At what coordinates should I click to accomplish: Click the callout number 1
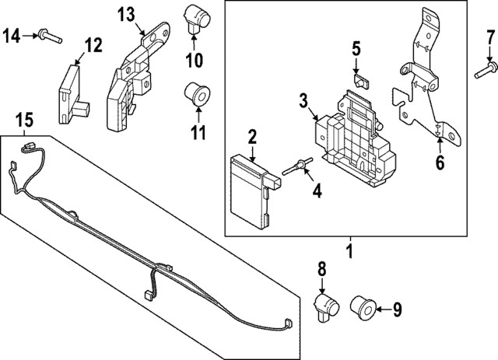click(x=349, y=252)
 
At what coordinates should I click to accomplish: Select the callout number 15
click(x=25, y=121)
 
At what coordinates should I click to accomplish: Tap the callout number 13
click(x=126, y=15)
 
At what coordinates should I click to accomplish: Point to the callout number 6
click(x=440, y=163)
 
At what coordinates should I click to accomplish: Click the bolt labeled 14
click(x=48, y=35)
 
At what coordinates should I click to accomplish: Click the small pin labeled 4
click(x=300, y=165)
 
